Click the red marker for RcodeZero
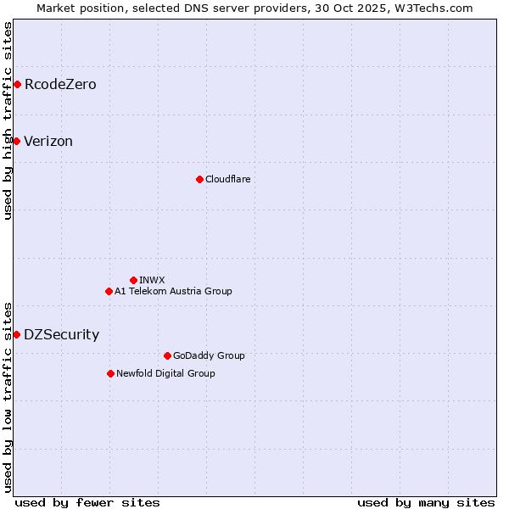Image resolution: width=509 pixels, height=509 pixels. pyautogui.click(x=17, y=84)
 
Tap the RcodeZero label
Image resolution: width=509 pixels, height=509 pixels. pyautogui.click(x=60, y=85)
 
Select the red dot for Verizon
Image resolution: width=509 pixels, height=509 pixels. pyautogui.click(x=16, y=141)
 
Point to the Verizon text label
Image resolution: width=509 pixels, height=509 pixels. pyautogui.click(x=48, y=142)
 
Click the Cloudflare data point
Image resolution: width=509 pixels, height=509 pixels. pyautogui.click(x=199, y=179)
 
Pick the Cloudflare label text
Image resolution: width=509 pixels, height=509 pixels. pyautogui.click(x=228, y=179)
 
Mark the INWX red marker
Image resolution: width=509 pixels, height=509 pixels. pyautogui.click(x=133, y=280)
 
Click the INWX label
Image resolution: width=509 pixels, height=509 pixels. pyautogui.click(x=152, y=280)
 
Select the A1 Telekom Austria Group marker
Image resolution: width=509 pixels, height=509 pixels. pyautogui.click(x=109, y=291)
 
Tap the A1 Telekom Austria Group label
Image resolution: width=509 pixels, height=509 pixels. pyautogui.click(x=173, y=291)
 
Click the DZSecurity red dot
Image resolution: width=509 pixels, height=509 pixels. pyautogui.click(x=16, y=334)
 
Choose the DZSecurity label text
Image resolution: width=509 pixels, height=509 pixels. pyautogui.click(x=61, y=335)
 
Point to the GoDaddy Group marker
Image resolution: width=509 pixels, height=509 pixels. pyautogui.click(x=167, y=355)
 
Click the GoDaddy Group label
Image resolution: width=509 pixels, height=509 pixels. pyautogui.click(x=209, y=355)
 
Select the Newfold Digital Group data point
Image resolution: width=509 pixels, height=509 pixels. pyautogui.click(x=110, y=373)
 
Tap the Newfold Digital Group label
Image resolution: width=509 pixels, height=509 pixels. pyautogui.click(x=165, y=373)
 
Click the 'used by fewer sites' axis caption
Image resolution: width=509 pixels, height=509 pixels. pyautogui.click(x=87, y=502)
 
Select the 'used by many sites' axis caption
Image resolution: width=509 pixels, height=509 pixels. pyautogui.click(x=426, y=502)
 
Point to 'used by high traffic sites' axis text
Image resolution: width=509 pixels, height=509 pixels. pyautogui.click(x=8, y=120)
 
